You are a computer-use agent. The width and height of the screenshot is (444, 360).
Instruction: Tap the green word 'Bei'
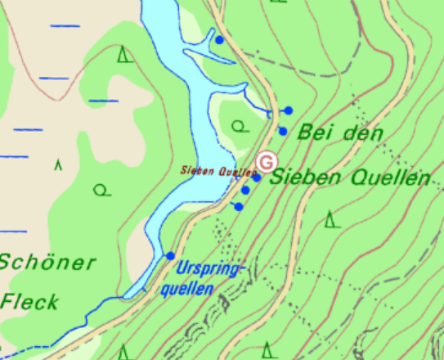[315, 132]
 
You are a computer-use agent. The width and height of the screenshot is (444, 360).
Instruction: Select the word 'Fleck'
[29, 301]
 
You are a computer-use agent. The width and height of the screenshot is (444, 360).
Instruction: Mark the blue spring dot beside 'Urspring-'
[170, 256]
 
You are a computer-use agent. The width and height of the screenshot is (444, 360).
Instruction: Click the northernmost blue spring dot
[219, 39]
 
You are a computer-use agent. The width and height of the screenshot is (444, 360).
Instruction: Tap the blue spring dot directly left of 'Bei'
[283, 131]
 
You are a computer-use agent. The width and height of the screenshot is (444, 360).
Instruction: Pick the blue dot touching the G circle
[255, 178]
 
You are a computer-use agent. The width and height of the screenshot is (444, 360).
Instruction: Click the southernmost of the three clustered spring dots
[239, 206]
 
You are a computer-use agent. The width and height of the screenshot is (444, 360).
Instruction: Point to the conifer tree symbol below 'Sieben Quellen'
[330, 219]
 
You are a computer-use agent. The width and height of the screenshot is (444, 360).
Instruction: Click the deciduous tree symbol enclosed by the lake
[239, 126]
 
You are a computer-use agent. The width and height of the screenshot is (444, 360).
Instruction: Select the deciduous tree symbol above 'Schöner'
[101, 191]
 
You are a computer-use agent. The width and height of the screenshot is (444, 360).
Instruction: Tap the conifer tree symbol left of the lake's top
[124, 55]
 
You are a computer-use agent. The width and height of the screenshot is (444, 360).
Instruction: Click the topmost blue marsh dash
[65, 26]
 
